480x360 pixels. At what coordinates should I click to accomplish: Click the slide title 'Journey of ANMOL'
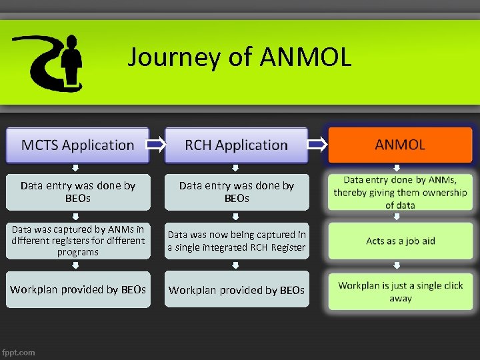239,57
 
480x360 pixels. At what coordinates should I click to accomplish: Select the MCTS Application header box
77,145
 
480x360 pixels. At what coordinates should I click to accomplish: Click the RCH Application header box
236,145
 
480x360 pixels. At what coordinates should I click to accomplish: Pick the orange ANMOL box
400,145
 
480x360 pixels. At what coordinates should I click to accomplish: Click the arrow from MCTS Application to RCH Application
157,145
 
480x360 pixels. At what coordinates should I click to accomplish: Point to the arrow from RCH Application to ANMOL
317,145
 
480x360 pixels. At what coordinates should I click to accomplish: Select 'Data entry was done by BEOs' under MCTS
77,192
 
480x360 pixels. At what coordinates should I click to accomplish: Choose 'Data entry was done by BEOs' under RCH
236,192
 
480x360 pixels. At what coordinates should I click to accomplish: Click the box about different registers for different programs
77,241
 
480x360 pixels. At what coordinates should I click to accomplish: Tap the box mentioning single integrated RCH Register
236,241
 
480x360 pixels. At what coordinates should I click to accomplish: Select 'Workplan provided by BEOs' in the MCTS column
77,289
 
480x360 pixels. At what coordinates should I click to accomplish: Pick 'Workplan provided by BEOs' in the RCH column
236,289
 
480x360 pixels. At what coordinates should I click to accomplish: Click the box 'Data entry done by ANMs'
400,192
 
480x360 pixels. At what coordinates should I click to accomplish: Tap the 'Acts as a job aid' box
400,241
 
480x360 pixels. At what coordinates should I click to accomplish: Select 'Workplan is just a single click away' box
400,291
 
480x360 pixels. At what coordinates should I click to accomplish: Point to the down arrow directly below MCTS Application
75,168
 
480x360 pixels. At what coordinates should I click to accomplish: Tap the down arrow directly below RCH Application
235,168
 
